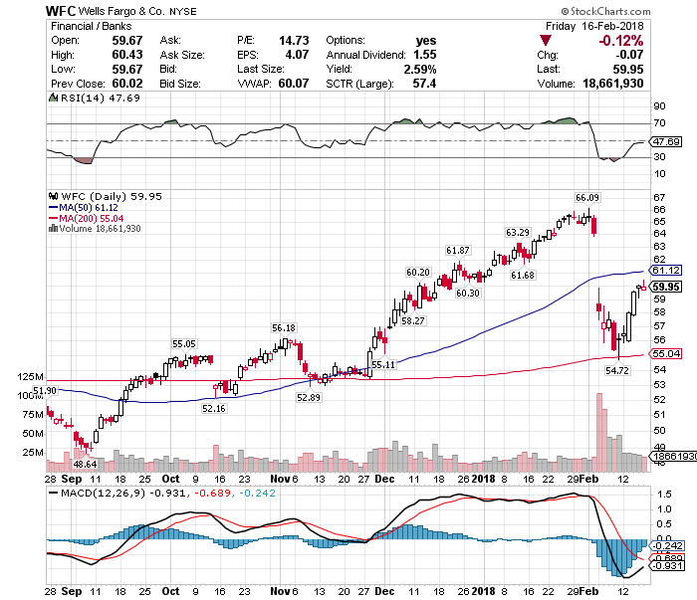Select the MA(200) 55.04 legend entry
click(95, 217)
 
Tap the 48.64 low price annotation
click(85, 464)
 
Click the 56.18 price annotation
click(284, 327)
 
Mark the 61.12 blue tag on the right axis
click(664, 270)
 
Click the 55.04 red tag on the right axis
click(664, 353)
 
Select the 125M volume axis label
click(31, 378)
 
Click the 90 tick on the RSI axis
click(659, 105)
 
